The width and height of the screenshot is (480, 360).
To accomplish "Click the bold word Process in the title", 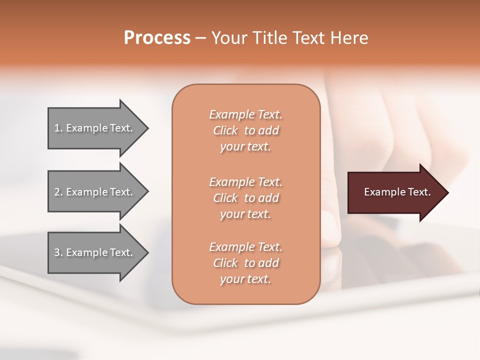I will (x=157, y=38).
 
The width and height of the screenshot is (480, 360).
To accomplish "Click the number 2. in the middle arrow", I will (x=58, y=192).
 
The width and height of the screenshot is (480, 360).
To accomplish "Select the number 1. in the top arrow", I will (x=58, y=128).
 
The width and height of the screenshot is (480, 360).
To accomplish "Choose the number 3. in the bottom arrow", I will (x=58, y=252).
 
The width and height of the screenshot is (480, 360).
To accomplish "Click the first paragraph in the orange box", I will (x=245, y=130).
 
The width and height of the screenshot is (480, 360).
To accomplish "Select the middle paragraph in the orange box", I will (x=245, y=198).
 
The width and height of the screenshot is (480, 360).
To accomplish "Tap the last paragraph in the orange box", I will (x=245, y=263).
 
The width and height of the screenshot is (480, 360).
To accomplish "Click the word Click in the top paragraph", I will (x=225, y=130).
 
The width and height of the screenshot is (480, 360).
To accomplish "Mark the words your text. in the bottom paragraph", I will (x=245, y=279).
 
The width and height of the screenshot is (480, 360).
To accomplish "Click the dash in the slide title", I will (x=200, y=38).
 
